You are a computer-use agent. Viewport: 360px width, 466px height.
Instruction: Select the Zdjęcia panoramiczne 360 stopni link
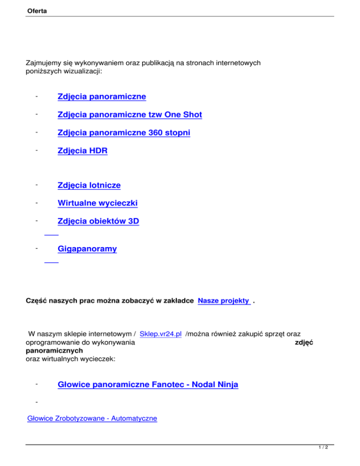point(124,133)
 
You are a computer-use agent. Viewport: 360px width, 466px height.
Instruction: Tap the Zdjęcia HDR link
point(82,151)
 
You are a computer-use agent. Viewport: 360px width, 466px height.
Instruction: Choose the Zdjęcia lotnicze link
point(89,185)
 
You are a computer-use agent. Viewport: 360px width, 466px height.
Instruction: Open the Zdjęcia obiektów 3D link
point(98,222)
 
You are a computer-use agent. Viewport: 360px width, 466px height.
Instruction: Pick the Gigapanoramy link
point(87,249)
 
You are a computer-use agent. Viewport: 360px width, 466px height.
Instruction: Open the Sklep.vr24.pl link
point(161,334)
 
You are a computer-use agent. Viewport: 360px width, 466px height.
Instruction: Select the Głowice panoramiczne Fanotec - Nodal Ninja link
point(148,385)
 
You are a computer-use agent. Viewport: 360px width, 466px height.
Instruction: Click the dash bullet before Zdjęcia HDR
point(36,151)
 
